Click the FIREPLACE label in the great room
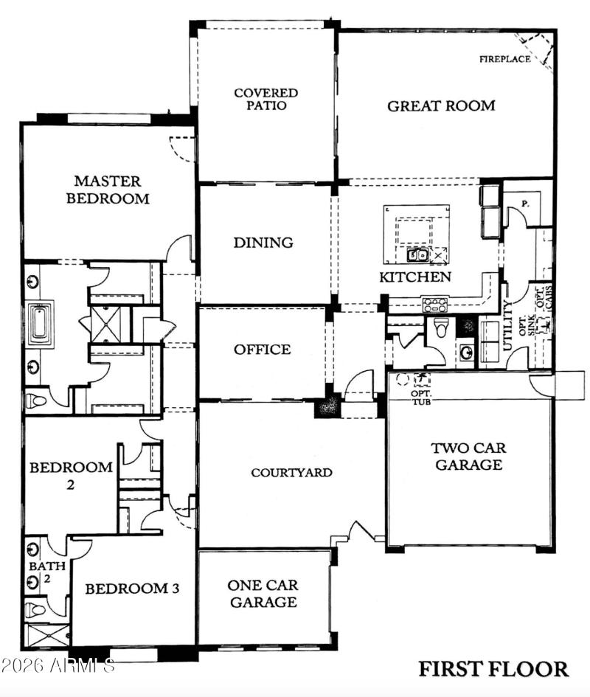tap(504, 59)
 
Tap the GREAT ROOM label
tap(441, 105)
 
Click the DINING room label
tap(263, 243)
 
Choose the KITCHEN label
tap(415, 277)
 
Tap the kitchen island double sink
tap(418, 255)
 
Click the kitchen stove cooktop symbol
tap(434, 303)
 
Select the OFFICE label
tap(263, 350)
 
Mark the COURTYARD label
tap(291, 473)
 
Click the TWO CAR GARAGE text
tap(468, 457)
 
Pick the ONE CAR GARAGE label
tap(263, 594)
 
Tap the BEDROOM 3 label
tap(132, 589)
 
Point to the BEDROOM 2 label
tap(71, 476)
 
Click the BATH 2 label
tap(37, 572)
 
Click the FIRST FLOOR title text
tap(493, 669)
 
